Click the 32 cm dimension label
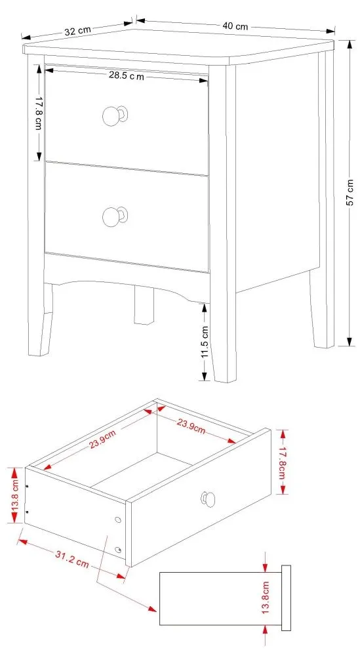click(77, 30)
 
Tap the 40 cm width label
click(235, 26)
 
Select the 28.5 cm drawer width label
click(127, 76)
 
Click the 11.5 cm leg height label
click(204, 341)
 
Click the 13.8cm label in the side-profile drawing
click(266, 598)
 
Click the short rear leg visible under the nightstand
click(144, 306)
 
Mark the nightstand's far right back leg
click(323, 308)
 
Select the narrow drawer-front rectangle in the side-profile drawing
click(286, 598)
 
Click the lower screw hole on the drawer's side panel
click(118, 549)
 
